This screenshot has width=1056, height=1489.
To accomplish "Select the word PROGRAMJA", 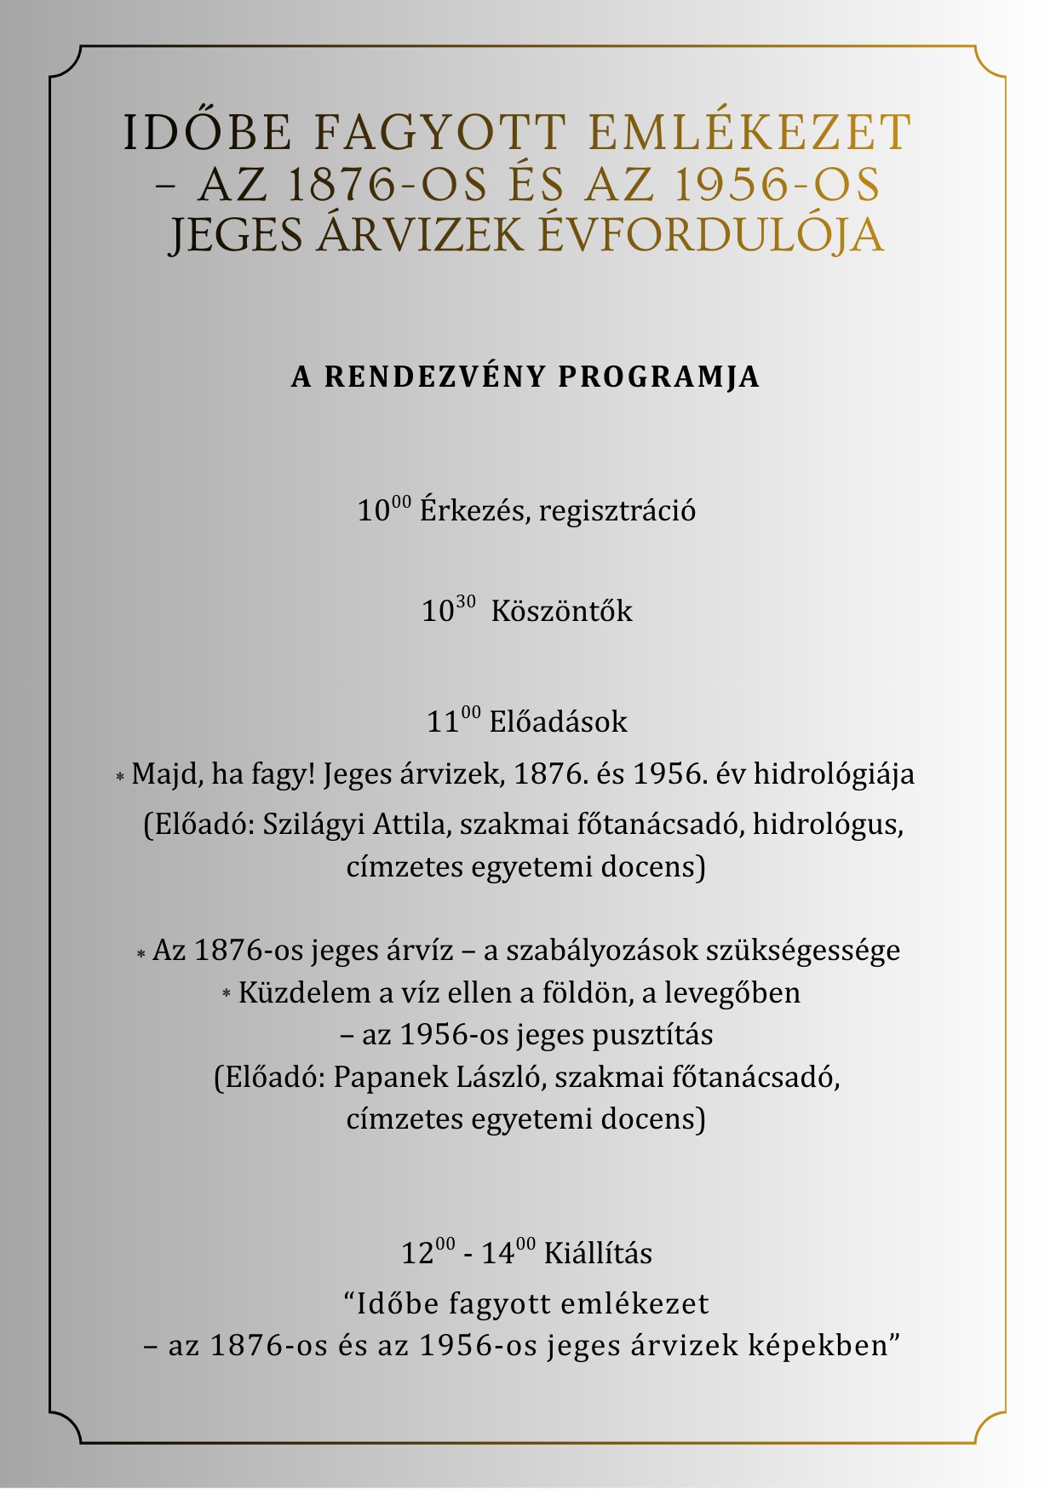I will point(658,377).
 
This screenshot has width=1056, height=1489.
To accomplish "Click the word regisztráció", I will point(617,511).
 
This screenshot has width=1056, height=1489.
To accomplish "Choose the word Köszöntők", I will point(562,612).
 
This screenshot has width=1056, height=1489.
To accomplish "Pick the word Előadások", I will point(558,722).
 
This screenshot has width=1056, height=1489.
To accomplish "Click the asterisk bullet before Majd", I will point(120,777).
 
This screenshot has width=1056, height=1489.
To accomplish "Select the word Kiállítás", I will point(598,1254).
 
